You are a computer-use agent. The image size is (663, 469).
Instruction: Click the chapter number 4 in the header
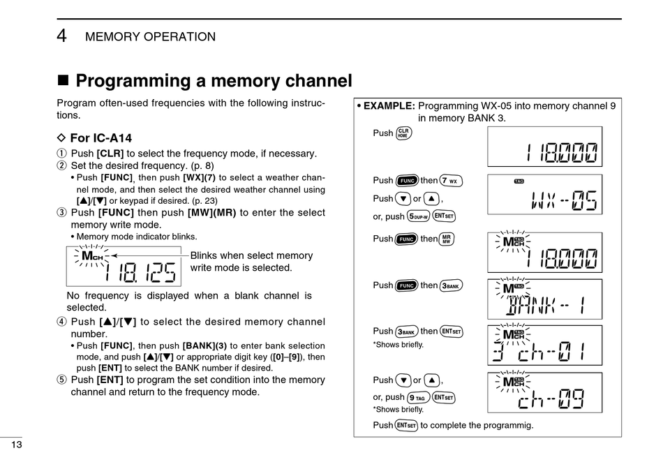click(x=61, y=36)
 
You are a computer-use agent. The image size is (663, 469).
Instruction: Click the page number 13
click(x=17, y=445)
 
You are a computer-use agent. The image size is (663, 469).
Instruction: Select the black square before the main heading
click(x=63, y=80)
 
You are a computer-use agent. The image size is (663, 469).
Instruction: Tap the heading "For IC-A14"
click(x=100, y=138)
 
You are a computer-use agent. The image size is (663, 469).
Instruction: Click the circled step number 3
click(x=61, y=212)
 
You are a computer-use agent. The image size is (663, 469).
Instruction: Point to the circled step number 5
click(x=61, y=380)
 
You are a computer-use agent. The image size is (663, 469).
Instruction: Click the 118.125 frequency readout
click(x=140, y=272)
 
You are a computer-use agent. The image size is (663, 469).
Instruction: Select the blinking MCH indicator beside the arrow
click(x=92, y=256)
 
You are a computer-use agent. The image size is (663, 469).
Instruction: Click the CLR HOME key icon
click(x=403, y=133)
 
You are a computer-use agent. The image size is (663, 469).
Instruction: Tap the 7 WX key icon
click(x=451, y=181)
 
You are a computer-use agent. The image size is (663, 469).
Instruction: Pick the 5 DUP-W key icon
click(x=418, y=216)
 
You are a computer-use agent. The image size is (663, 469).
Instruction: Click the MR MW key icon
click(x=446, y=239)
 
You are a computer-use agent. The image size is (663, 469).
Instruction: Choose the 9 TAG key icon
click(x=418, y=398)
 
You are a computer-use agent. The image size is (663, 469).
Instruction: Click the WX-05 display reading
click(x=564, y=200)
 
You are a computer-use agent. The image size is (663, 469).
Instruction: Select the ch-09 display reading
click(x=551, y=399)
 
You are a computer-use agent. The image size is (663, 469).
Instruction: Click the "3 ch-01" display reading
click(x=539, y=352)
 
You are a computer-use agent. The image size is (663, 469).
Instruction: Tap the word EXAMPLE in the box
click(x=389, y=106)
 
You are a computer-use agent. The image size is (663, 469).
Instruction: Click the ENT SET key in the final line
click(x=406, y=426)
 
